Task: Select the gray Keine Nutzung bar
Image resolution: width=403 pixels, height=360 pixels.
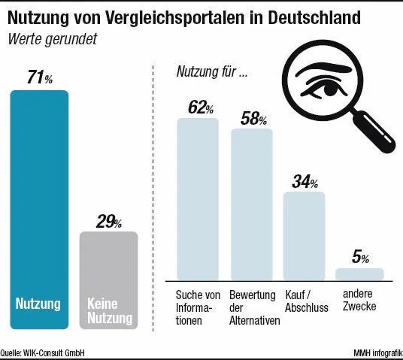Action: [108, 278]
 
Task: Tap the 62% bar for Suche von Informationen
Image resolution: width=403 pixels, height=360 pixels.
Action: [198, 199]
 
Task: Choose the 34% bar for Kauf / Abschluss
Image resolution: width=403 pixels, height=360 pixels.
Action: [304, 236]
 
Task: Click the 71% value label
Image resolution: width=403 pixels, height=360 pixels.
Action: [38, 78]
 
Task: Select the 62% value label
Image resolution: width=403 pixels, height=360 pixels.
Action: [198, 107]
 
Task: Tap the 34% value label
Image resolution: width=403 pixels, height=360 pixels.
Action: [304, 181]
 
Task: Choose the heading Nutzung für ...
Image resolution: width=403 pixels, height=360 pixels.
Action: [211, 72]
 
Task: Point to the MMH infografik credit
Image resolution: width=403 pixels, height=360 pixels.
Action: [377, 351]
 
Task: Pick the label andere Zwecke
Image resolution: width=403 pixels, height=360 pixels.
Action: [359, 301]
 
